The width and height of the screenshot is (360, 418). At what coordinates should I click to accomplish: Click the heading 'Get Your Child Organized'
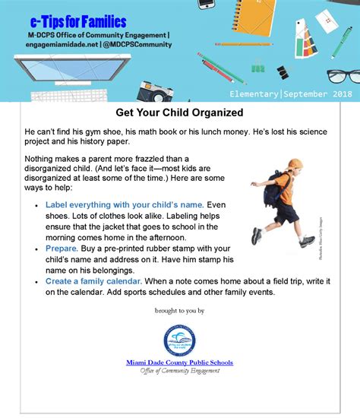[x=179, y=112]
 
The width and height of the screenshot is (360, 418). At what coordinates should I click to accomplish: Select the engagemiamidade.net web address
[x=58, y=44]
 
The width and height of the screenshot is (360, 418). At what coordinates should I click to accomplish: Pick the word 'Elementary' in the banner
[x=254, y=93]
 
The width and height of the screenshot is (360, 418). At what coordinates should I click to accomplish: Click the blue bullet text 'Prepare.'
[x=62, y=249]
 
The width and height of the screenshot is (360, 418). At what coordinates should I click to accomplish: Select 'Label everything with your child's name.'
[x=125, y=205]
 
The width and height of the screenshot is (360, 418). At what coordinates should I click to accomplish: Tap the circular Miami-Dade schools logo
[x=179, y=340]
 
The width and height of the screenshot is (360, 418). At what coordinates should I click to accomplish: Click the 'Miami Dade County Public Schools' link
[x=179, y=363]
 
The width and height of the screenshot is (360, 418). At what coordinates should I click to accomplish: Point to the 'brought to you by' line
[x=179, y=311]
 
